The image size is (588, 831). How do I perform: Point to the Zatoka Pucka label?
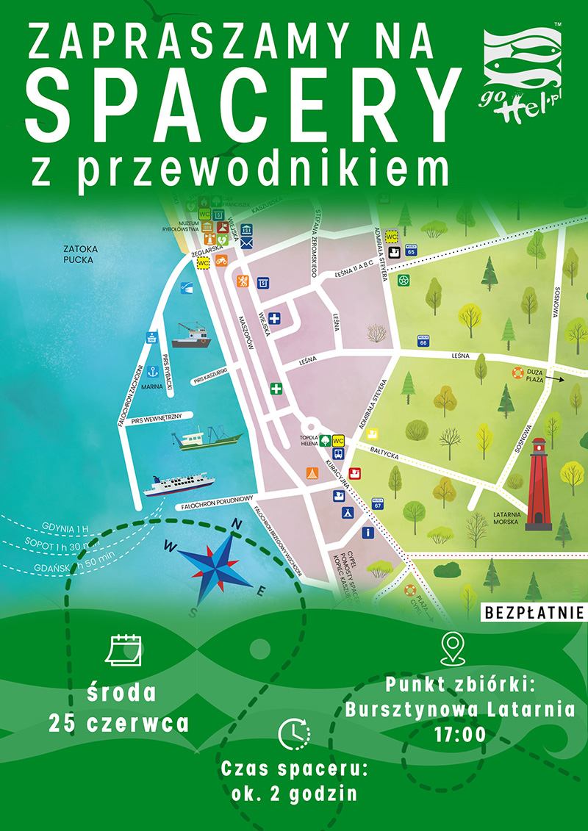[80, 253]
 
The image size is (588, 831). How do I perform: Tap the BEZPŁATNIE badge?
[534, 611]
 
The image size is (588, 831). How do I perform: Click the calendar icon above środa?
[123, 650]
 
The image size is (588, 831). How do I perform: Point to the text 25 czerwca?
[119, 723]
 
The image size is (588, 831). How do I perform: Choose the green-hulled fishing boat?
[207, 439]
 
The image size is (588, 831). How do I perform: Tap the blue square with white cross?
[275, 319]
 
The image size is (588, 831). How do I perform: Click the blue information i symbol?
[367, 532]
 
